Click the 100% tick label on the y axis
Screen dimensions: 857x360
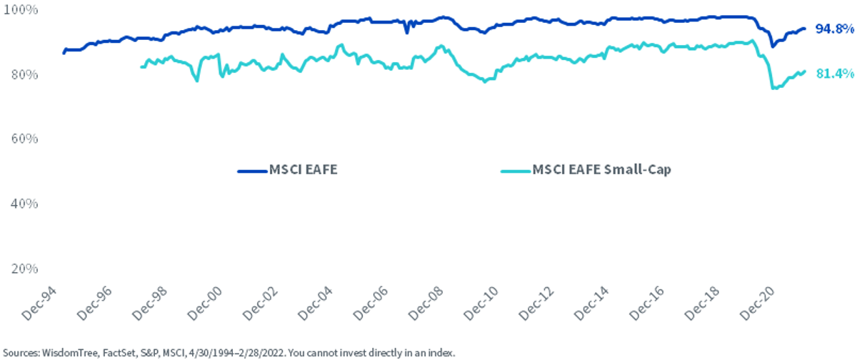click(20, 9)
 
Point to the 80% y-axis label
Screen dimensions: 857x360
click(24, 74)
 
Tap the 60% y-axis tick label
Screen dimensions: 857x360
click(24, 139)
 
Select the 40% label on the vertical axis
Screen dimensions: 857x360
click(24, 204)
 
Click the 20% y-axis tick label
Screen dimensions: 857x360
click(24, 269)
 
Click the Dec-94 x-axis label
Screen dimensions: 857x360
click(39, 304)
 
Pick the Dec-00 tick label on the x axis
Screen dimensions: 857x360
click(205, 304)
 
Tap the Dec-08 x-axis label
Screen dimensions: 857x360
click(426, 304)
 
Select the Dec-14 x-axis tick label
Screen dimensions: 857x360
click(591, 304)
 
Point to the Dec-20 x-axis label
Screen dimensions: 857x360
click(757, 304)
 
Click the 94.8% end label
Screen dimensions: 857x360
click(834, 29)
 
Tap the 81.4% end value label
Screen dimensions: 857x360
click(835, 73)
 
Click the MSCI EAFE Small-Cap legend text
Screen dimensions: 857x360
click(601, 169)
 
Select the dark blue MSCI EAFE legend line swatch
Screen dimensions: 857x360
click(252, 171)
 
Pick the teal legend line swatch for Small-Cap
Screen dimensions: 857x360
click(516, 171)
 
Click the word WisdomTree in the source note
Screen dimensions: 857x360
click(70, 353)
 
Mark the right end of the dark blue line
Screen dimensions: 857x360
click(805, 29)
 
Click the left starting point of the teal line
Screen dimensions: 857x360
click(141, 67)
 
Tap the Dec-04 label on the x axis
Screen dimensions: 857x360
click(316, 304)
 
